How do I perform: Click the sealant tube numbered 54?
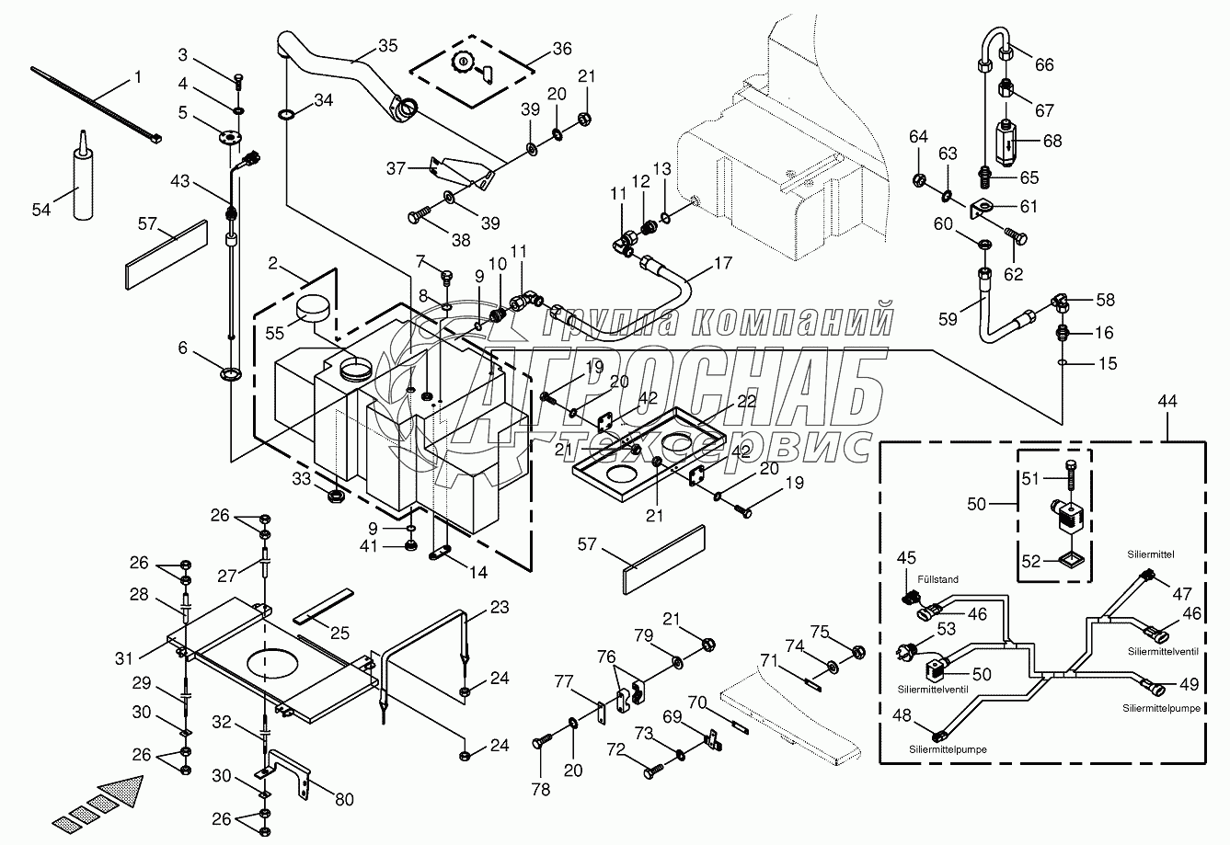[x=83, y=175]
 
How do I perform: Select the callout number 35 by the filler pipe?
[x=387, y=46]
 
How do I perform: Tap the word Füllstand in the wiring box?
[x=937, y=579]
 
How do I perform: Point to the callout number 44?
[x=1167, y=402]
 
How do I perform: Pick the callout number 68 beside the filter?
[x=1052, y=141]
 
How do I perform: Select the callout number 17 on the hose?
[x=723, y=263]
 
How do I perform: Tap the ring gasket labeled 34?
[x=286, y=115]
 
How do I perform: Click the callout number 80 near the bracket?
[x=344, y=799]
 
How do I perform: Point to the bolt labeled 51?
[x=1070, y=475]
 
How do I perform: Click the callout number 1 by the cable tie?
[x=138, y=77]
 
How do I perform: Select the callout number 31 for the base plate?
[x=123, y=658]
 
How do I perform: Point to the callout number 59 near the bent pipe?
[x=948, y=319]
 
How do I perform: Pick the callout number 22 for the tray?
[x=747, y=402]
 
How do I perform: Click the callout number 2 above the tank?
[x=273, y=263]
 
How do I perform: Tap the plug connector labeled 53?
[x=905, y=653]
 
